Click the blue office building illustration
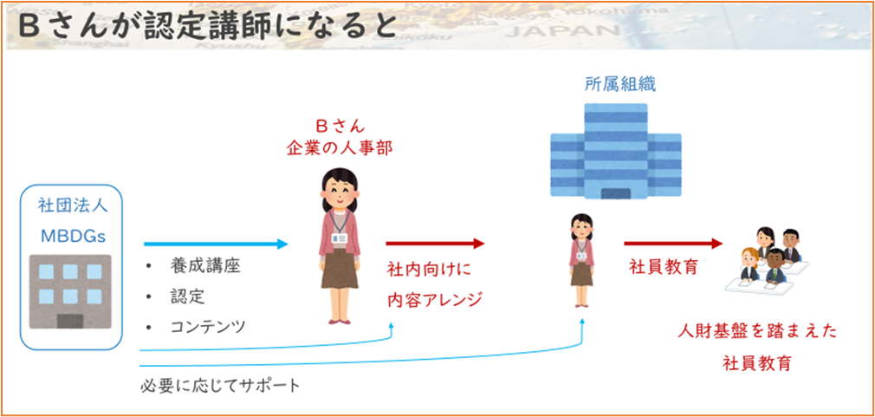[616, 151]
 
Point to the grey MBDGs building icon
[70, 290]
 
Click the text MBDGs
[70, 235]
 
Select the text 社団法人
[73, 205]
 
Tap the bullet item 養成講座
[205, 266]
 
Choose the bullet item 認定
[187, 296]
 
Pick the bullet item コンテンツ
[208, 326]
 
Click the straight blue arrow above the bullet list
[216, 244]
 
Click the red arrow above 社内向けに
[435, 244]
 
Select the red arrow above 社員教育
[673, 244]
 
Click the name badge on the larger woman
[340, 238]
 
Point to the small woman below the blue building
[581, 259]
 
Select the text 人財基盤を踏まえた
[757, 332]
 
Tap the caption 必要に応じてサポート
[220, 386]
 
